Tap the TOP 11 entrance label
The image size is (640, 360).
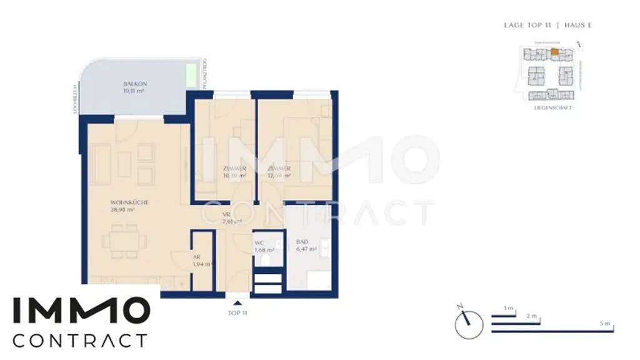click(236, 313)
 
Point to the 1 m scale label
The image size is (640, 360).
click(508, 308)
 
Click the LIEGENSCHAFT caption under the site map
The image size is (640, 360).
click(552, 107)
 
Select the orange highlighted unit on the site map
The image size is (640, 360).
click(554, 52)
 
